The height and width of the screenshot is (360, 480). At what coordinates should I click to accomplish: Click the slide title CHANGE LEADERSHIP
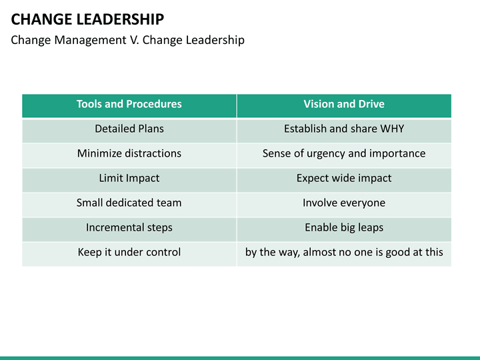tap(87, 19)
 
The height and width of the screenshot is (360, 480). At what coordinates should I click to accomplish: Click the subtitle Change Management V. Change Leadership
tap(127, 40)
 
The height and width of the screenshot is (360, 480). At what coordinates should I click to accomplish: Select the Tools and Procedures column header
tap(129, 104)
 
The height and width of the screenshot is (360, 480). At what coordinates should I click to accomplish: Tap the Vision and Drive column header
tap(344, 104)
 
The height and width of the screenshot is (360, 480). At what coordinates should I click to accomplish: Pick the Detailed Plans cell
tap(129, 129)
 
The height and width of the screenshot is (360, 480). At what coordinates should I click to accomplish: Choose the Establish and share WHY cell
tap(344, 129)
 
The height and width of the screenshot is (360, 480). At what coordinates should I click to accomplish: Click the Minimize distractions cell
tap(129, 153)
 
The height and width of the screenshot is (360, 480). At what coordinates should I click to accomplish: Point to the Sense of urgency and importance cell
tap(344, 153)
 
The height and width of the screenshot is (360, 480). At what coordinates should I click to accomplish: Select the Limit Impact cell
tap(129, 178)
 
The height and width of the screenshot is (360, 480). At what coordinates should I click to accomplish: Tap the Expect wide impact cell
tap(344, 178)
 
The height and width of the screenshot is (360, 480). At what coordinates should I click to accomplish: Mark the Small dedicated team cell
tap(129, 203)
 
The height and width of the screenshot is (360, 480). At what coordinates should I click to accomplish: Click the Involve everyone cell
tap(344, 203)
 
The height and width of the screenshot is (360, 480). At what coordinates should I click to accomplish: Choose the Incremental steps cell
tap(129, 227)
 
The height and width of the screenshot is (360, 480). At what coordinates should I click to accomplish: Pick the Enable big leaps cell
tap(344, 227)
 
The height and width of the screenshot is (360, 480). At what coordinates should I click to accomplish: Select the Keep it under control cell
tap(129, 252)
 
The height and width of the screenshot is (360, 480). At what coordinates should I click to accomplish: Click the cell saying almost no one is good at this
tap(344, 252)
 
